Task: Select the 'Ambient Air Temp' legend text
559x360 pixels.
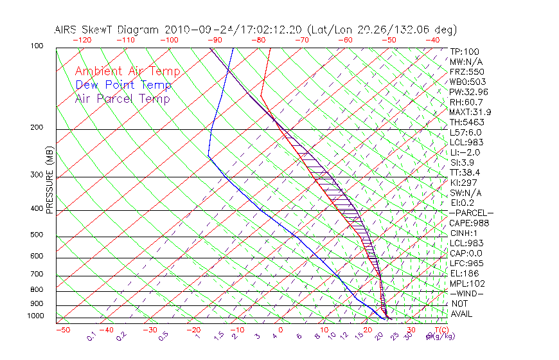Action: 127,71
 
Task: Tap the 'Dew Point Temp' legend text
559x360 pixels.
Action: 123,85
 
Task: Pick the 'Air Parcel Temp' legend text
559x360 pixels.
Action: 122,98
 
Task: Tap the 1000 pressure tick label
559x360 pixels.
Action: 36,316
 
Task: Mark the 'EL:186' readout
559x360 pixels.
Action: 464,273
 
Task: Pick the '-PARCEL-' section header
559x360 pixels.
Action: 470,213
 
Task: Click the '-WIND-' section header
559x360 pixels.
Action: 466,294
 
